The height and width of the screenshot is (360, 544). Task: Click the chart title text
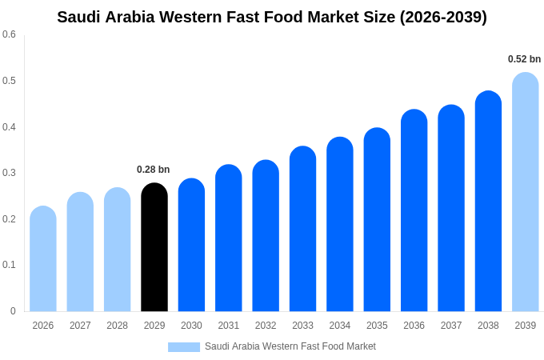click(x=272, y=17)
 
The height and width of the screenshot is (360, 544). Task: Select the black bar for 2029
click(x=154, y=248)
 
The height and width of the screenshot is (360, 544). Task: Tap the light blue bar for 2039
click(x=525, y=192)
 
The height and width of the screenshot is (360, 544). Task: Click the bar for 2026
click(x=43, y=259)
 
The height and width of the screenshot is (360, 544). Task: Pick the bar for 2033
click(x=302, y=230)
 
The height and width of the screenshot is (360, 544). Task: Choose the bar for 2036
click(x=414, y=211)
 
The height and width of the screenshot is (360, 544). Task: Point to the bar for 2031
click(x=228, y=238)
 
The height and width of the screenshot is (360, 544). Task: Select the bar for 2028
click(x=117, y=250)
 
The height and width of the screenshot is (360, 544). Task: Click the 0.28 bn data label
click(x=153, y=170)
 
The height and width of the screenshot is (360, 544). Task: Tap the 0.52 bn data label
click(x=524, y=59)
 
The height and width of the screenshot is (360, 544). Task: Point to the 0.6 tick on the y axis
click(x=9, y=34)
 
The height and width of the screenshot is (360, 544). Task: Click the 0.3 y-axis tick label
click(x=9, y=173)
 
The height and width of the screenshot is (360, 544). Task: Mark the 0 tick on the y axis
click(x=13, y=311)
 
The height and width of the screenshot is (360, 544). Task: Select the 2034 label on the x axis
click(x=339, y=326)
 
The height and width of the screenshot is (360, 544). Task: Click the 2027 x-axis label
click(x=80, y=326)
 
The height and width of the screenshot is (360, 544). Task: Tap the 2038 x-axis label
click(x=488, y=326)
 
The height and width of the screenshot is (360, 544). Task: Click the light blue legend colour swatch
click(x=183, y=347)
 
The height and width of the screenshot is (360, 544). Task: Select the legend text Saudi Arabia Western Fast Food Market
click(x=290, y=346)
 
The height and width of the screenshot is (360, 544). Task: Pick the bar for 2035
click(x=377, y=220)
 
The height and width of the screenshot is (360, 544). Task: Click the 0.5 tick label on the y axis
click(x=9, y=81)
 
